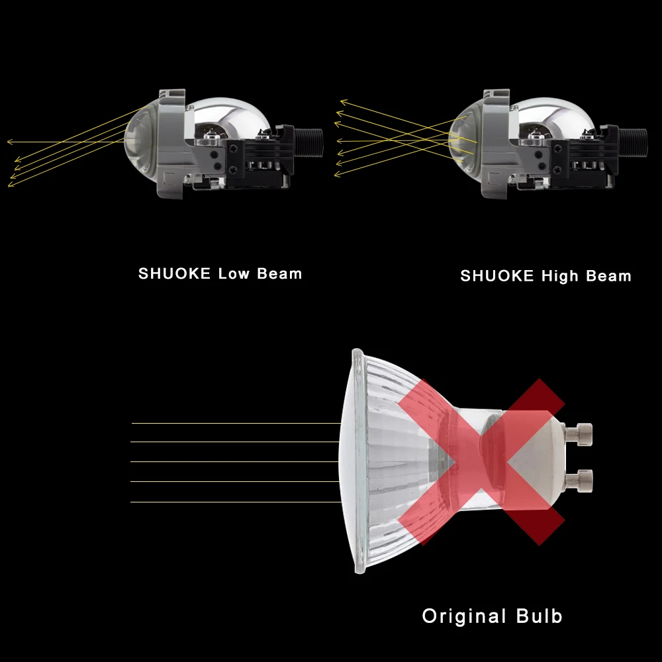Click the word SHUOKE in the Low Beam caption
click(x=175, y=273)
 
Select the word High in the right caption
click(x=560, y=275)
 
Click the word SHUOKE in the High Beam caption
click(x=497, y=275)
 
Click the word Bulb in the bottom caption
click(x=537, y=616)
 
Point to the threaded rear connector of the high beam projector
click(x=635, y=140)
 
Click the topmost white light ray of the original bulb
click(x=235, y=423)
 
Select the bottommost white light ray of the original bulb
click(x=235, y=502)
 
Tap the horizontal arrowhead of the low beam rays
click(x=10, y=142)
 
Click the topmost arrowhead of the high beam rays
click(x=344, y=102)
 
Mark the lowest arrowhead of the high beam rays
click(x=337, y=175)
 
